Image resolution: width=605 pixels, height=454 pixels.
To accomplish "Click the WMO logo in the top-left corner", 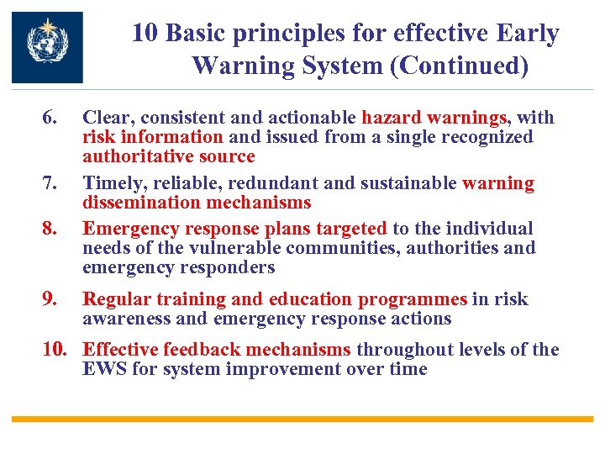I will [47, 47].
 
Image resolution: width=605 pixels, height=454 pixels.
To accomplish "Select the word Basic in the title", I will [197, 34].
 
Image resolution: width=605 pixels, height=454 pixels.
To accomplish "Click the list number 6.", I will [51, 119].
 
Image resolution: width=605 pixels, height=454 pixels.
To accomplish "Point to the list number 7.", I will [51, 183].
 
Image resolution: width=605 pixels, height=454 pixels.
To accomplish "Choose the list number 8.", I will [51, 229].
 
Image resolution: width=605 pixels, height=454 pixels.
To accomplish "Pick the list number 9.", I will [51, 299].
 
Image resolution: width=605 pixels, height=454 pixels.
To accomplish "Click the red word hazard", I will [392, 119].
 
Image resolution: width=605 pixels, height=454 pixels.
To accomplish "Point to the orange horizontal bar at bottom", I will [302, 418].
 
